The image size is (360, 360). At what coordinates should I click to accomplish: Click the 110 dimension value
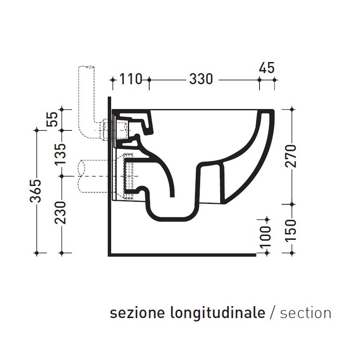click(130, 79)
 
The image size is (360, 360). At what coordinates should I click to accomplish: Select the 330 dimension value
click(201, 79)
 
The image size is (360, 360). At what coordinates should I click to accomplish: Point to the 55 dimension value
click(52, 120)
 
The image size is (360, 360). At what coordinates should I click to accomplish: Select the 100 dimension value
click(266, 237)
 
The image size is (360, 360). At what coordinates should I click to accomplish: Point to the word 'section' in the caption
click(305, 313)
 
